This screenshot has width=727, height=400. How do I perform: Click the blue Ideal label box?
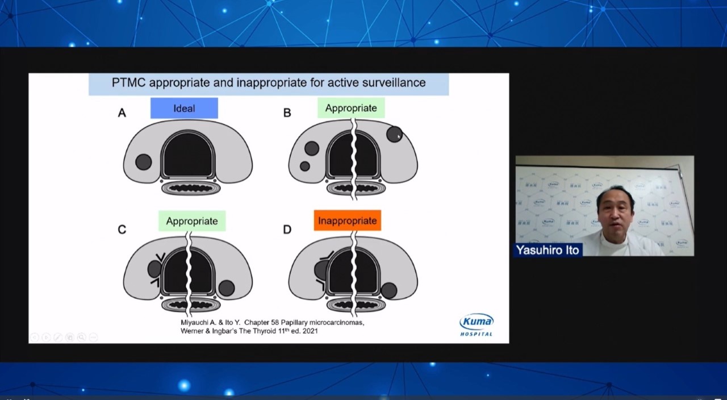[x=184, y=108]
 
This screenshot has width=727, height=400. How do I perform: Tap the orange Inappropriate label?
[x=347, y=220]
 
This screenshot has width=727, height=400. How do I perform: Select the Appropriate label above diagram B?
[x=351, y=108]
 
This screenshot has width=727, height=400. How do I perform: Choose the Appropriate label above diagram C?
[x=192, y=221]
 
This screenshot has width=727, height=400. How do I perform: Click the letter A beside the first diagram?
[x=122, y=113]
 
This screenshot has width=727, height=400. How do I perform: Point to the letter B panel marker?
[x=287, y=113]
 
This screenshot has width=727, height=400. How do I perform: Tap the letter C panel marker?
[x=122, y=230]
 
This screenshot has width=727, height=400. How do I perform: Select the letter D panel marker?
[x=287, y=230]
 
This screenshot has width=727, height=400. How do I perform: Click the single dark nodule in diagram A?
[x=144, y=162]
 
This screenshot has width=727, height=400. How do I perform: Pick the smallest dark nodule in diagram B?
[x=305, y=166]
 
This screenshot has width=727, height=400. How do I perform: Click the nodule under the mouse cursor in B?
[x=394, y=134]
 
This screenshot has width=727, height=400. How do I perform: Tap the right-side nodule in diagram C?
[x=227, y=288]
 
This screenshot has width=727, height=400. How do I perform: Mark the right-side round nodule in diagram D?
[x=389, y=290]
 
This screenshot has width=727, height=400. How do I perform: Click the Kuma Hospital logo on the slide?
[x=477, y=324]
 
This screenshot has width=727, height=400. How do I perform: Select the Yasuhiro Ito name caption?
[x=548, y=250]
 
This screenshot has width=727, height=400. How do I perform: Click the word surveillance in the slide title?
[x=394, y=82]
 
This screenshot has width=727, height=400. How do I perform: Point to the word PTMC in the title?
[x=128, y=82]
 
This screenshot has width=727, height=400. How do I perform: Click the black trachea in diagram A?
[x=188, y=155]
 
